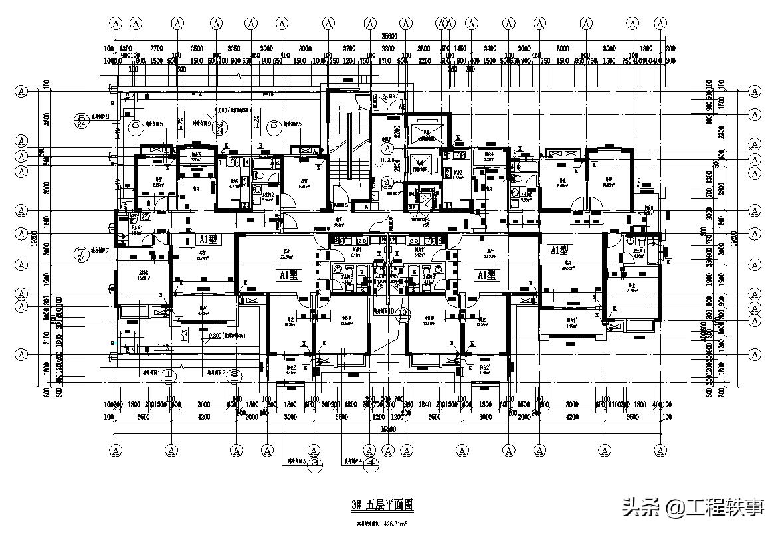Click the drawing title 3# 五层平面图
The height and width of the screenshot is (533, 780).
[x=382, y=505]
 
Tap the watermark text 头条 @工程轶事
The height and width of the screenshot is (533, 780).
[x=694, y=508]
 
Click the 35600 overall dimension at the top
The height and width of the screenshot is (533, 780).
[x=390, y=37]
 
